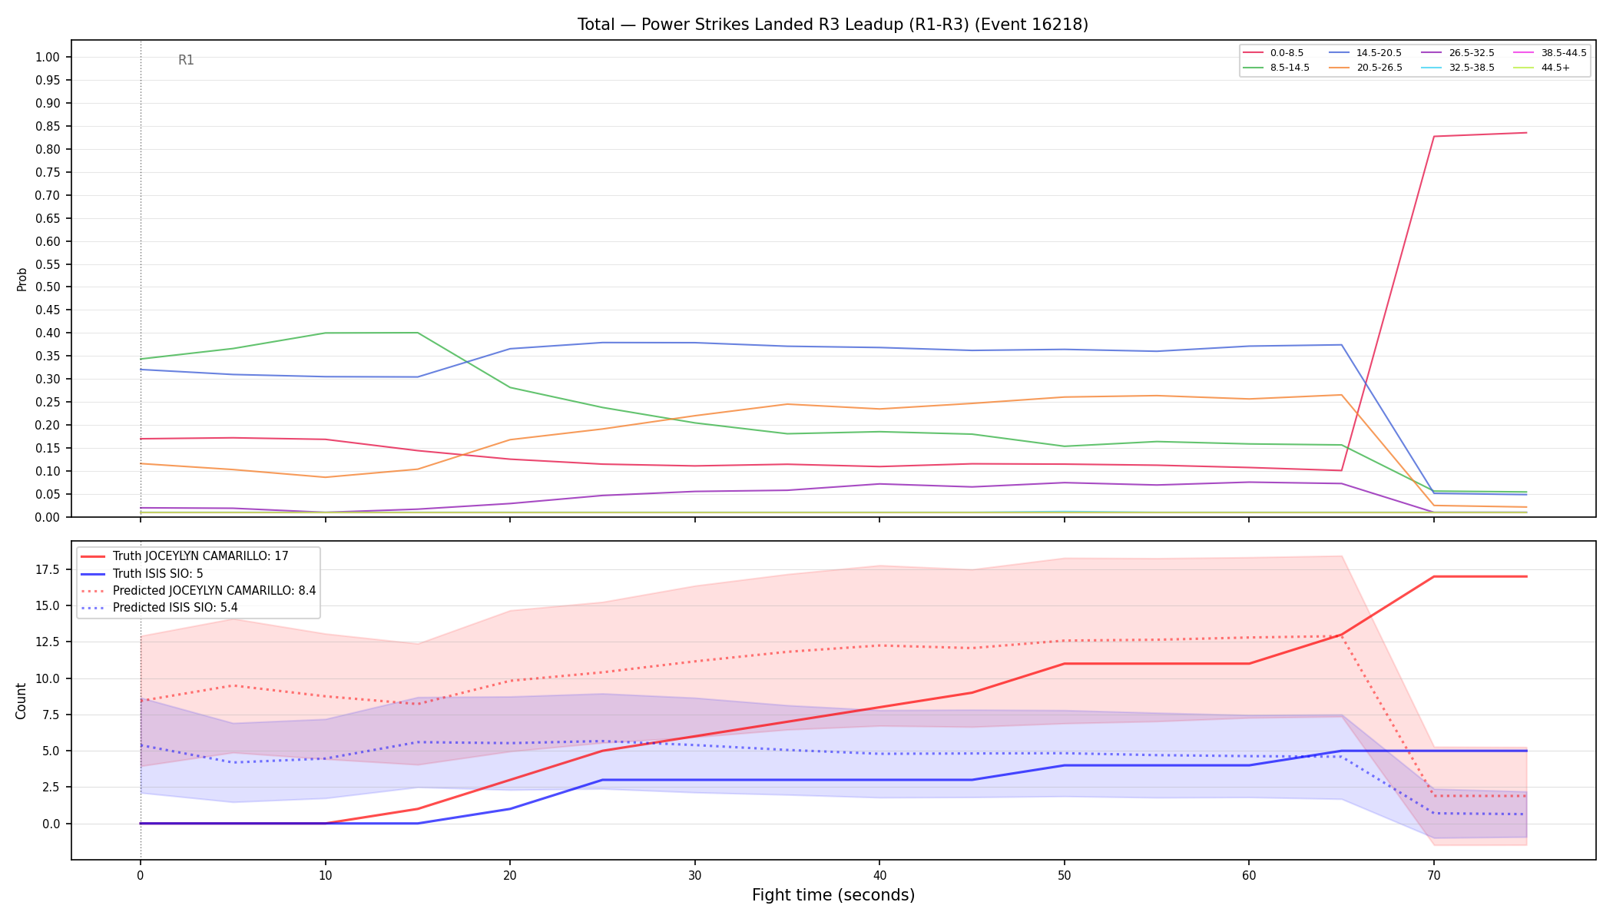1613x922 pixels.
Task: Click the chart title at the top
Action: [x=833, y=25]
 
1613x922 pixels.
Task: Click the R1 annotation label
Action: [x=186, y=60]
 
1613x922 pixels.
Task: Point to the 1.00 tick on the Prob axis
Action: [x=48, y=58]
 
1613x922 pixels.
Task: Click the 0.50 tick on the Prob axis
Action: [x=48, y=287]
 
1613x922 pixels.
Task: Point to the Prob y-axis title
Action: [x=22, y=279]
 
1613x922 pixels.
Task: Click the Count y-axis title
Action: [x=21, y=701]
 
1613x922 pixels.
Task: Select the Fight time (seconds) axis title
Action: [x=833, y=895]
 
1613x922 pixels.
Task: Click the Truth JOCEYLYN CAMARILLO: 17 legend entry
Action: [x=184, y=556]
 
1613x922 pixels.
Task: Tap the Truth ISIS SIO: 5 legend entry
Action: [x=142, y=573]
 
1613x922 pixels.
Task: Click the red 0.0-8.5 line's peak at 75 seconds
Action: [x=1526, y=133]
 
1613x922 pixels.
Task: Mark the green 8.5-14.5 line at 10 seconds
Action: [x=325, y=333]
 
